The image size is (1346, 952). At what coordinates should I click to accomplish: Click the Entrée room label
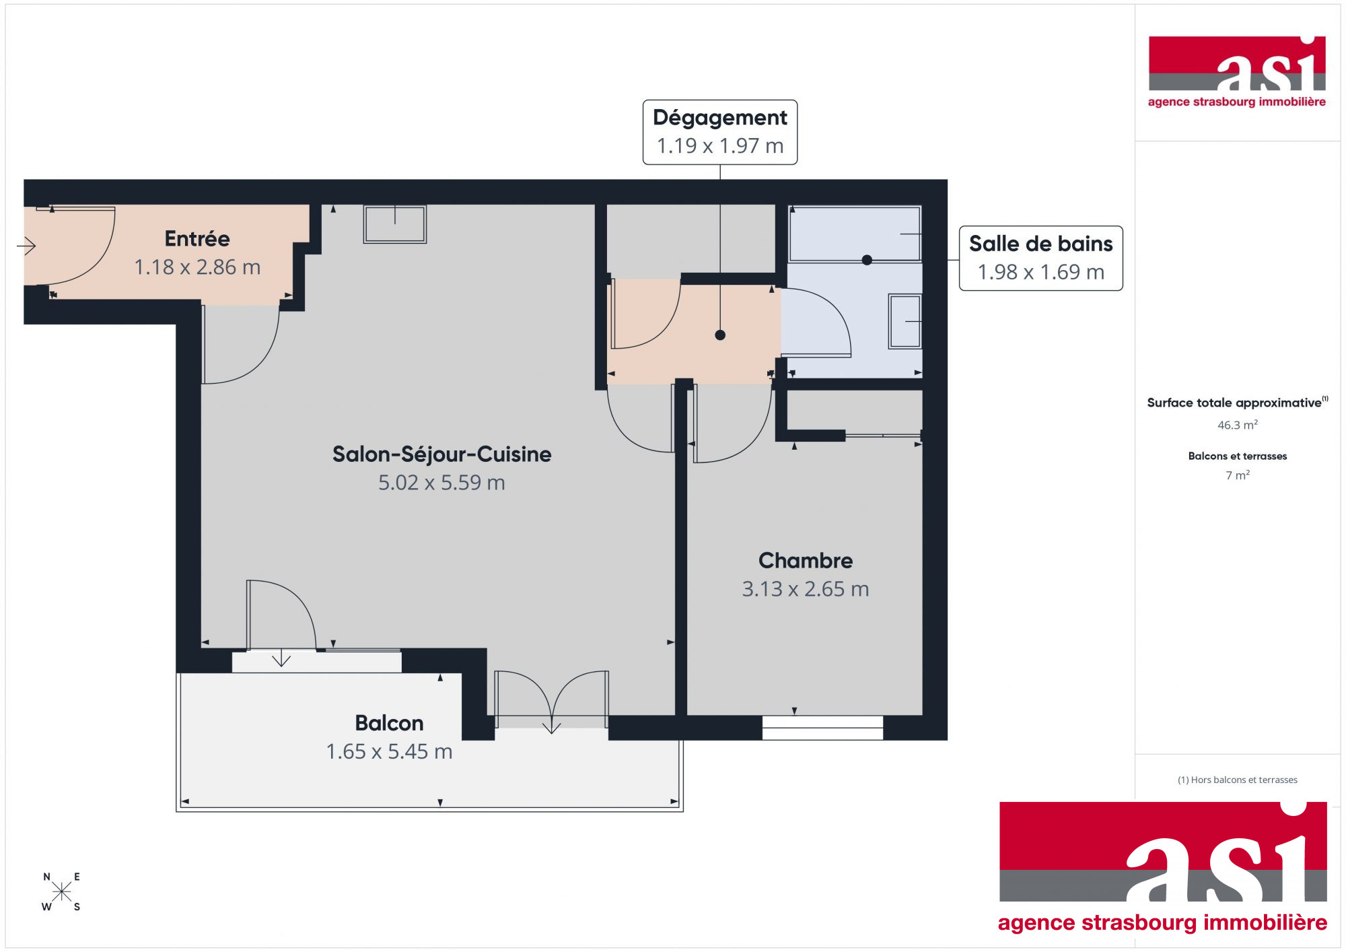click(x=197, y=238)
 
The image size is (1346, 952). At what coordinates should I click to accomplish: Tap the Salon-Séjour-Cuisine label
click(x=441, y=454)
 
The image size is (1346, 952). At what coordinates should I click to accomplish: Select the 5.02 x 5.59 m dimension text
click(x=441, y=483)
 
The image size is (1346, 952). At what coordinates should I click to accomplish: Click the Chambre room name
click(x=806, y=560)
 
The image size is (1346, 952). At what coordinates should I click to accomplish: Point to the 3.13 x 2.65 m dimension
click(x=806, y=589)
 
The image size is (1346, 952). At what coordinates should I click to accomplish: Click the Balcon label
click(x=389, y=723)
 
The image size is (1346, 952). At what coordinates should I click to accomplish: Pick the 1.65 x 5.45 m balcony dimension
click(x=389, y=751)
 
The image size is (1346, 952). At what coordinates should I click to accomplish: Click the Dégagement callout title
click(x=720, y=118)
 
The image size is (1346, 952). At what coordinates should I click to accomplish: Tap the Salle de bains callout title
click(x=1041, y=244)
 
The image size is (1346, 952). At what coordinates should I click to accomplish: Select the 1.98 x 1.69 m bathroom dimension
click(x=1041, y=272)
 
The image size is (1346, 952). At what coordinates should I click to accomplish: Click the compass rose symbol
click(x=61, y=892)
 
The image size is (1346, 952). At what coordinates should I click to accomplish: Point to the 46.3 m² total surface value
click(x=1238, y=425)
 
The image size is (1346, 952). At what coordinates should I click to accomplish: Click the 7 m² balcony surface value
click(x=1238, y=475)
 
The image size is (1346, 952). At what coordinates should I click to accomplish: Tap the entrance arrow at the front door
click(x=26, y=246)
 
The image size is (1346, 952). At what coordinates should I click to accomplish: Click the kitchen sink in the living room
click(x=395, y=224)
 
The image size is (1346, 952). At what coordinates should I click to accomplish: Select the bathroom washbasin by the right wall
click(x=905, y=321)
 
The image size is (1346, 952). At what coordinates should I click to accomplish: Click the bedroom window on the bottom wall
click(x=822, y=728)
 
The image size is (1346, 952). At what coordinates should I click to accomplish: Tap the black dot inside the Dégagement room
click(x=720, y=335)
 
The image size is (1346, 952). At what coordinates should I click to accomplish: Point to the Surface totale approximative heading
click(x=1234, y=403)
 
